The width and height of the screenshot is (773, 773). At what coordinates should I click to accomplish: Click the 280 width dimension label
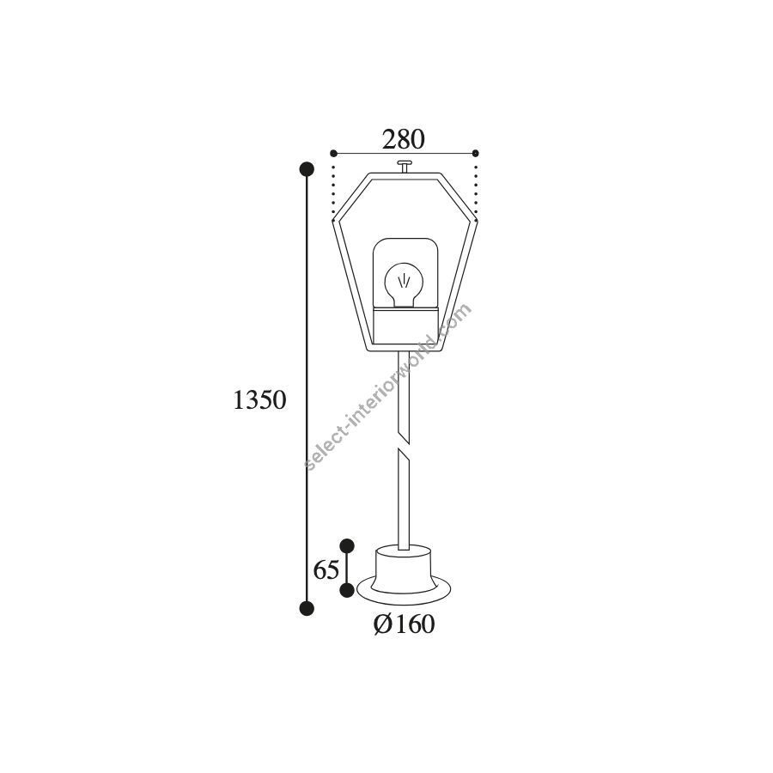403,139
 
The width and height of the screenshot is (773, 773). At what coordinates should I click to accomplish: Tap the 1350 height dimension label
259,399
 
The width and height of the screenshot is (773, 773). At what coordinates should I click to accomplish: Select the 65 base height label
326,571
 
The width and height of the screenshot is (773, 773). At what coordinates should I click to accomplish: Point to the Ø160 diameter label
405,624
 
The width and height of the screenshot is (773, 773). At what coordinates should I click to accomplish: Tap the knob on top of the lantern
405,166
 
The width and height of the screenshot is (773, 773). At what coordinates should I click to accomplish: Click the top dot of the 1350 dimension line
307,169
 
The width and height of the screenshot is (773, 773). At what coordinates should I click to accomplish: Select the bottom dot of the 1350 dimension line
307,608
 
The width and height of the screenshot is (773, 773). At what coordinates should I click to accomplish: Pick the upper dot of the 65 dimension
347,545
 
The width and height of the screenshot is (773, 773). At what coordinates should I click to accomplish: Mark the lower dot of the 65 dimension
347,589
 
